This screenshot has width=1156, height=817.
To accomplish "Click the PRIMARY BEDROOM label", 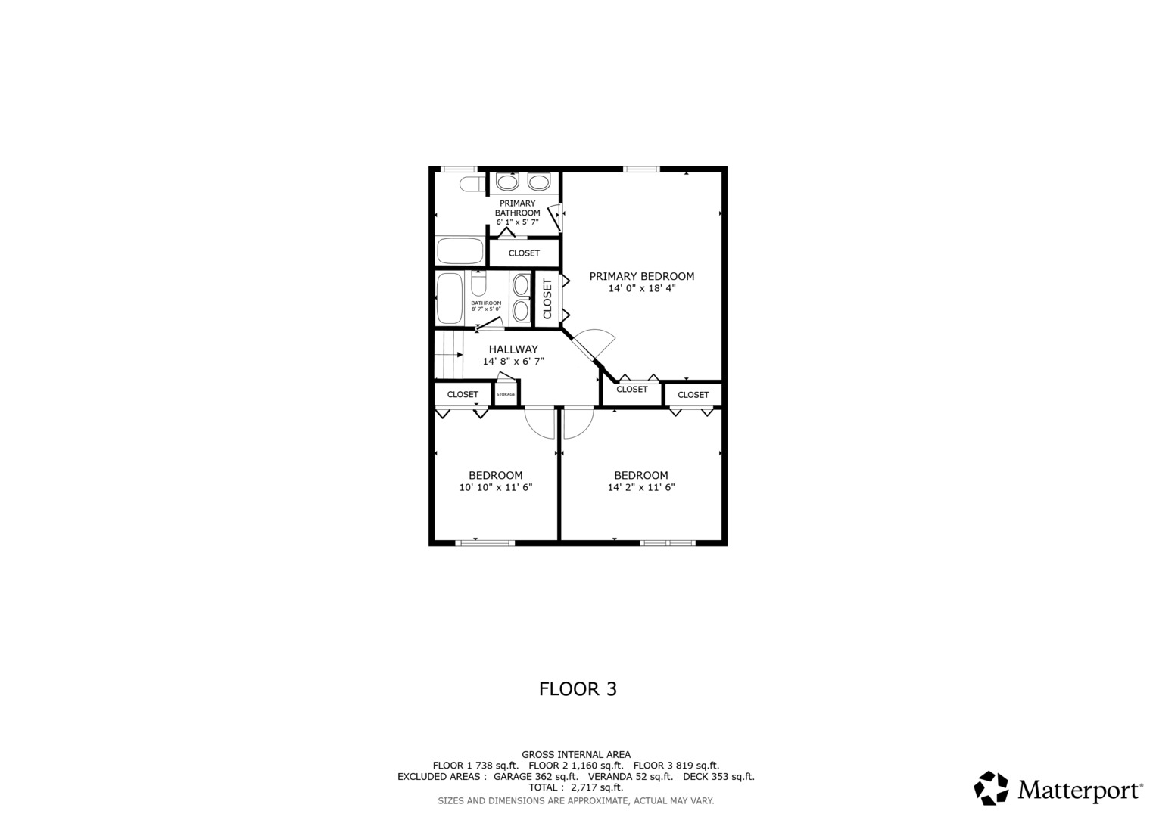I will coord(641,276).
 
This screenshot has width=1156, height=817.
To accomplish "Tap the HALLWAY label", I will coord(513,349).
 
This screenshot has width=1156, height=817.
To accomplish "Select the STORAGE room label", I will coord(506,395).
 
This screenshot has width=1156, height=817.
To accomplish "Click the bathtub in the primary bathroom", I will coord(460,250).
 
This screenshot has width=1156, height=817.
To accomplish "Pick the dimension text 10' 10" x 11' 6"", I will coord(496,488).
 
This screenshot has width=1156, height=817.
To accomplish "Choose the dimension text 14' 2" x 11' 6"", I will coord(641,488).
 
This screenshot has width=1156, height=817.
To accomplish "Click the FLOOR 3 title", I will coord(578,689).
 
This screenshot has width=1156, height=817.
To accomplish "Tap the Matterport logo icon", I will coord(991,788).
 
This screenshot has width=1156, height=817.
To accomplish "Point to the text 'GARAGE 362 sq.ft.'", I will coord(535,777).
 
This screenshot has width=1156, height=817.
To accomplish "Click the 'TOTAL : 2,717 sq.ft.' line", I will coord(575,787).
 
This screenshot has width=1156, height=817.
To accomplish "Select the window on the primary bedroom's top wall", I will coord(641,169).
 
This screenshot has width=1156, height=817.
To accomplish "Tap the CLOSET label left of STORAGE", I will coord(463,395).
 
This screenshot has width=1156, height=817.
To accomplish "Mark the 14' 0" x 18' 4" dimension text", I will coord(641,288).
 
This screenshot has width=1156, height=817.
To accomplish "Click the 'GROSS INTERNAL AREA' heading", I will coord(575,754).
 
